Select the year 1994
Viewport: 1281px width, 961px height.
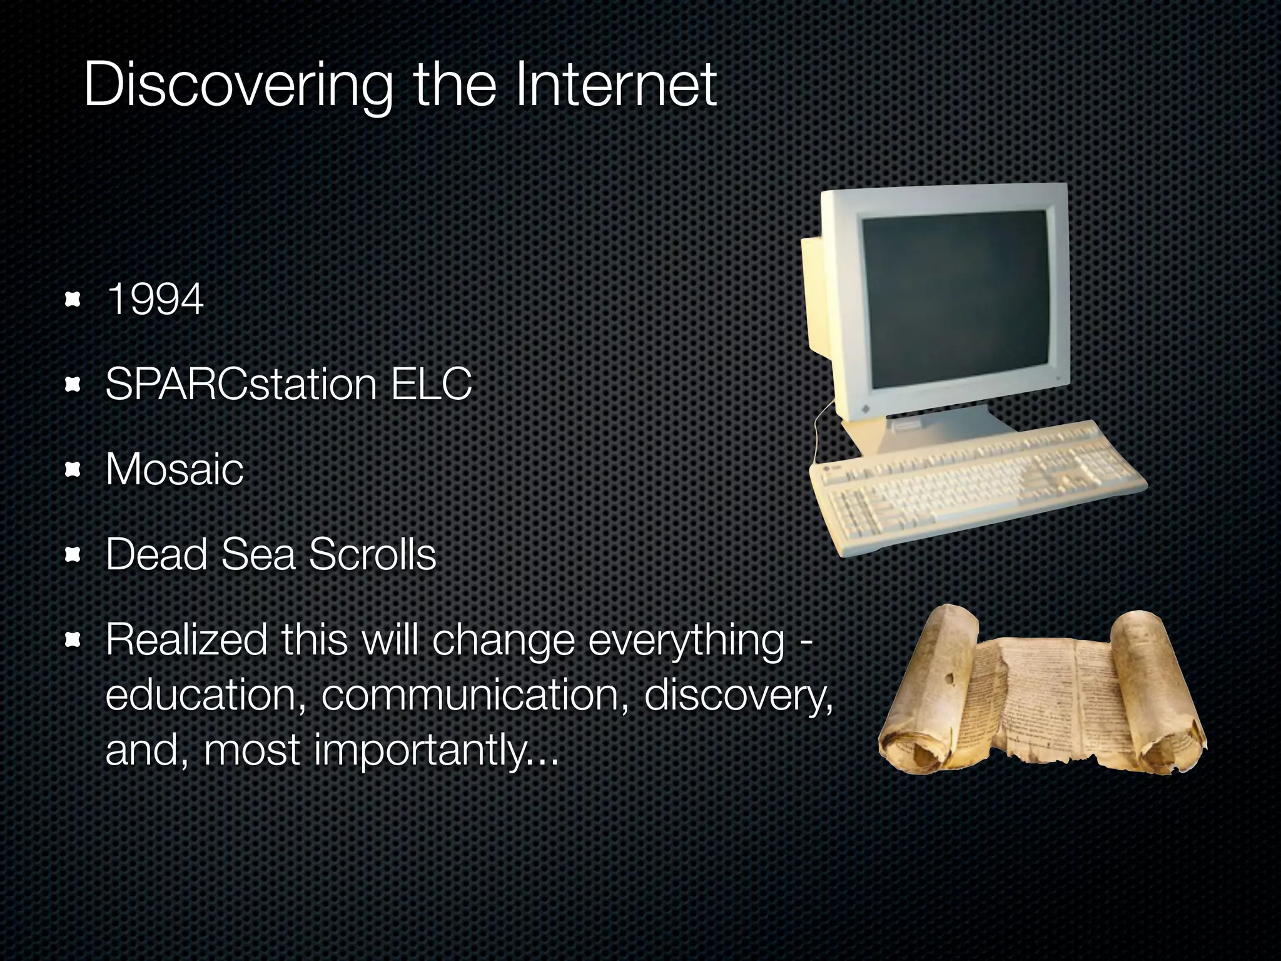click(155, 300)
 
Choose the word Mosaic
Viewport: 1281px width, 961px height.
click(174, 469)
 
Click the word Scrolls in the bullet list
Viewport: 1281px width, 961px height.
click(372, 555)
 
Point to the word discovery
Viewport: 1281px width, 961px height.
click(738, 695)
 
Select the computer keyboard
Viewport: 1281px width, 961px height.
click(976, 488)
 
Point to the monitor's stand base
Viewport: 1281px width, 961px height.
click(926, 432)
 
